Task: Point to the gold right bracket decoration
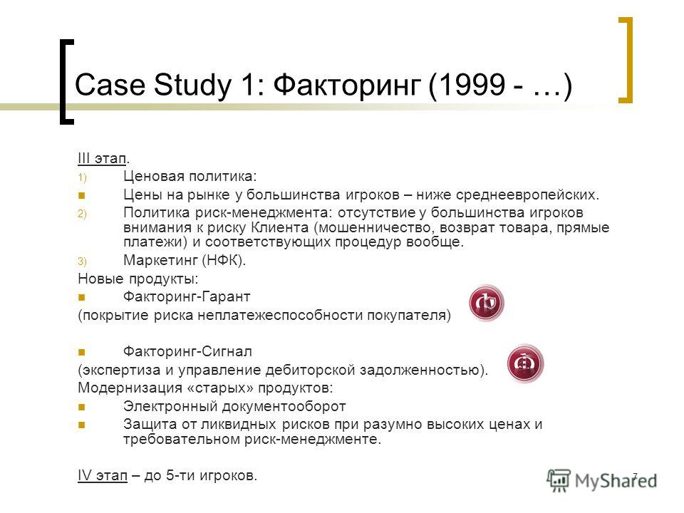coord(626,60)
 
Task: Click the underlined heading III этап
coord(102,158)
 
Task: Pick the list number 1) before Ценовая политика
coord(83,177)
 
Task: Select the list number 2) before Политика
coord(83,214)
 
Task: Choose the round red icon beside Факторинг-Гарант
coord(487,303)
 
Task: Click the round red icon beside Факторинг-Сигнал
coord(525,363)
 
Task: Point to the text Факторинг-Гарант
coord(187,296)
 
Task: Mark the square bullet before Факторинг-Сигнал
coord(81,351)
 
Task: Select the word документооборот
coord(284,406)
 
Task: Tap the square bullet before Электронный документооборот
coord(81,407)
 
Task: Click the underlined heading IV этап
coord(103,475)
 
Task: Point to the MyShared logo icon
coord(559,480)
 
